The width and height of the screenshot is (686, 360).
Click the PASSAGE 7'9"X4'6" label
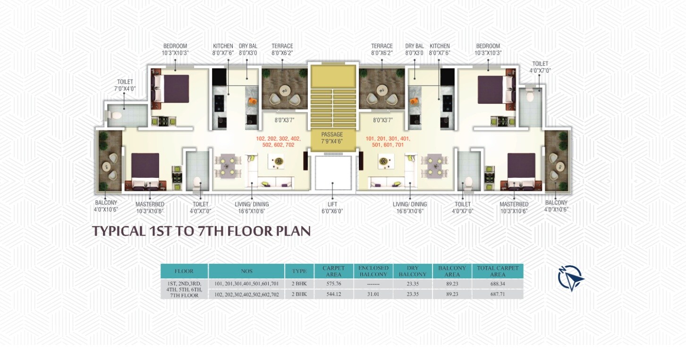[332, 138]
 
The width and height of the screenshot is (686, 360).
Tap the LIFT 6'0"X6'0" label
[332, 208]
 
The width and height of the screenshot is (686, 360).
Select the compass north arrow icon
[570, 277]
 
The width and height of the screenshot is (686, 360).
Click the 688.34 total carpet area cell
[497, 284]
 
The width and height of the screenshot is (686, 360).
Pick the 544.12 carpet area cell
[333, 294]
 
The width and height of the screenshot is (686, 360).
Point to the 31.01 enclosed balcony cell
[373, 294]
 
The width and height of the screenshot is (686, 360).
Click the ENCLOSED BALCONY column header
[373, 271]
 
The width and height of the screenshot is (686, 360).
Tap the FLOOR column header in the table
[184, 271]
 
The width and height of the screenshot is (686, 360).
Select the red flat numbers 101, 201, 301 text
[388, 142]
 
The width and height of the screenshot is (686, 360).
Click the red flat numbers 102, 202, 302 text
[278, 142]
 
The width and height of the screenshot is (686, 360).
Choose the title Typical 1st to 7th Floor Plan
[201, 231]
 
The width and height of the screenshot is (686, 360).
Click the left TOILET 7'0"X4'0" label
[125, 85]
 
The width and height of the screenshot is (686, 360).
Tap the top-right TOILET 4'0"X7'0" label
[540, 67]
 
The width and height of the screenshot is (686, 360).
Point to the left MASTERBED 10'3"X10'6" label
[150, 208]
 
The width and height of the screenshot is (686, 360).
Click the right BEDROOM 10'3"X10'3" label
[488, 50]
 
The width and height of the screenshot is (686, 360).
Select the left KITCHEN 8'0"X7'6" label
[223, 50]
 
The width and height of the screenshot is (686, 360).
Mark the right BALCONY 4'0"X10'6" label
[555, 206]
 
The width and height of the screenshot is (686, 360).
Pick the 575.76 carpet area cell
[333, 284]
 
